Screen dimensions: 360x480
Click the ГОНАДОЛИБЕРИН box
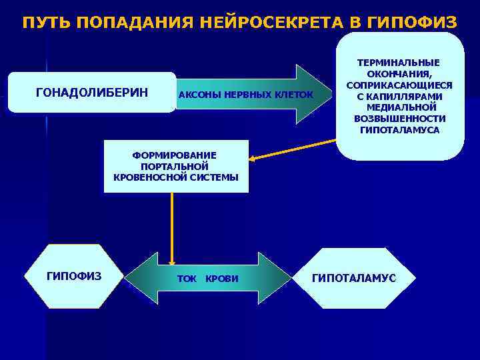pos(92,92)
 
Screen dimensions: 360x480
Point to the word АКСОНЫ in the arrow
pos(200,95)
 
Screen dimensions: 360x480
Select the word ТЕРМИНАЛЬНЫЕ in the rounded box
pos(399,63)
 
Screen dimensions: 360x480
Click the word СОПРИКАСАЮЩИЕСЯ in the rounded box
pos(399,85)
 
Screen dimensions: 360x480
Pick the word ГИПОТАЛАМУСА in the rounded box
pos(399,130)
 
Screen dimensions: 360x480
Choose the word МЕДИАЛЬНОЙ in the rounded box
pos(399,107)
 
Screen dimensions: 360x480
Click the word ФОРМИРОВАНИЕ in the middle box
pos(175,155)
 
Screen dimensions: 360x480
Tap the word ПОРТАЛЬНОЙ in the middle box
pos(175,166)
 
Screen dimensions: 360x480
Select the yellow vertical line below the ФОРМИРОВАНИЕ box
pos(172,223)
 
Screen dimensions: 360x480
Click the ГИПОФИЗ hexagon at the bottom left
pos(73,276)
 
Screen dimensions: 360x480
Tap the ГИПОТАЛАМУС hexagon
pos(353,277)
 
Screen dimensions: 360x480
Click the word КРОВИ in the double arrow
pos(222,278)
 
